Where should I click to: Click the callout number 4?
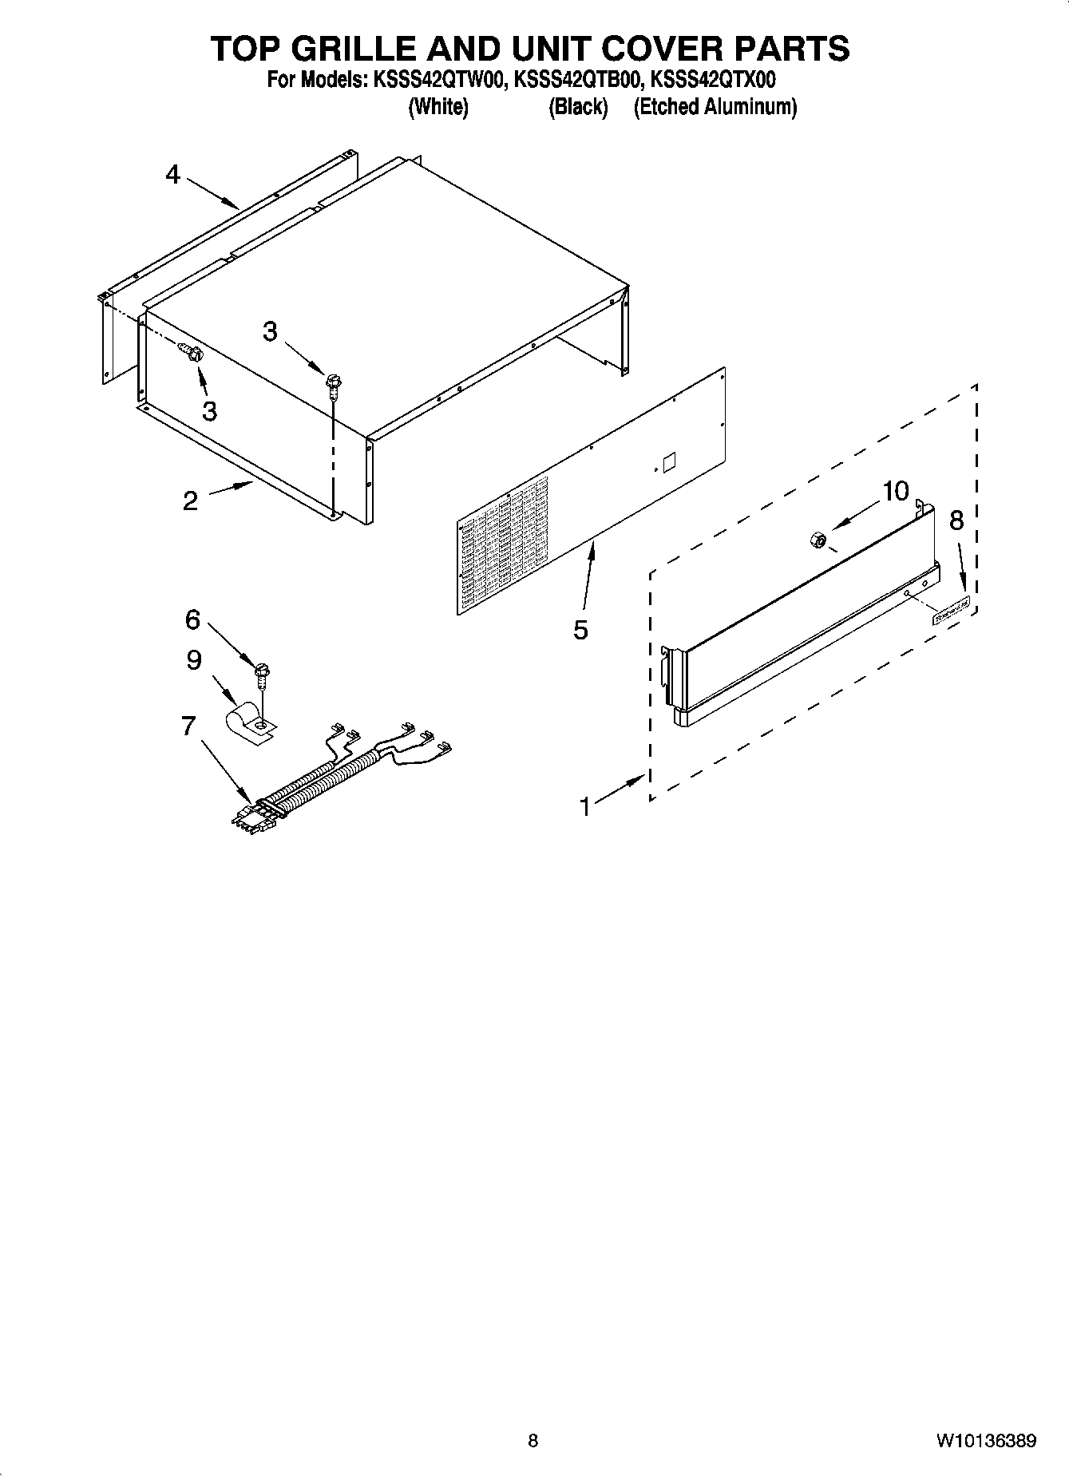pos(173,175)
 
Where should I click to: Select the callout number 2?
pos(190,501)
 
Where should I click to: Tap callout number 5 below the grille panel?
pos(580,630)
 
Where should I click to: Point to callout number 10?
pos(895,491)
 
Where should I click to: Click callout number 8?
pos(956,520)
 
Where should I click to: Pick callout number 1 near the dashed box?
pos(585,807)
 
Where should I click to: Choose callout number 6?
pos(192,619)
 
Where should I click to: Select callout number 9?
pos(194,660)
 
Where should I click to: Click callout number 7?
pos(188,726)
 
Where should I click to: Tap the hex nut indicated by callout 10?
pos(817,540)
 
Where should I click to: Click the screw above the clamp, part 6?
pos(260,674)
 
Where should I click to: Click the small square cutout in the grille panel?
pos(669,462)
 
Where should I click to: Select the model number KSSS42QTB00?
pos(578,80)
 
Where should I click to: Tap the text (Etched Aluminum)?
pos(715,107)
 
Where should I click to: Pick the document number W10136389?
pos(986,1441)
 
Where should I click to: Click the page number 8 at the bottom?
pos(533,1441)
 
